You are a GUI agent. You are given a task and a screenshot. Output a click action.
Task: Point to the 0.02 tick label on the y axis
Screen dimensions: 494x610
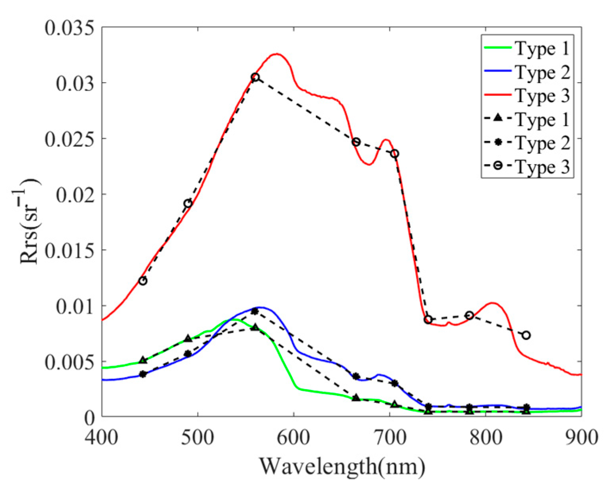75,195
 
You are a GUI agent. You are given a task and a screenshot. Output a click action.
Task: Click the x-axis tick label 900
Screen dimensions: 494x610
581,438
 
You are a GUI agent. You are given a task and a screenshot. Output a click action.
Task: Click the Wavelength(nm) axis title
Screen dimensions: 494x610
342,466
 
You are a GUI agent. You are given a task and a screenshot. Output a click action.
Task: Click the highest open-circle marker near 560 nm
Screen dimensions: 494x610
255,77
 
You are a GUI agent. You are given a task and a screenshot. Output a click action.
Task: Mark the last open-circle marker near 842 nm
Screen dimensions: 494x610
526,335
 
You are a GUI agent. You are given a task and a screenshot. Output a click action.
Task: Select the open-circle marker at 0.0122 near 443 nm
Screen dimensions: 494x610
143,281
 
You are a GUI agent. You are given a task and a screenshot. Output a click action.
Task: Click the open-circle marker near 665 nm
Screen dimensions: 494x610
356,142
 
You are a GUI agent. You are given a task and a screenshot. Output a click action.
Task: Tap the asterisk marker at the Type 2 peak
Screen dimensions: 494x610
255,311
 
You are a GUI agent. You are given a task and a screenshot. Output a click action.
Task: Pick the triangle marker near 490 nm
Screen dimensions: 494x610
188,338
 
